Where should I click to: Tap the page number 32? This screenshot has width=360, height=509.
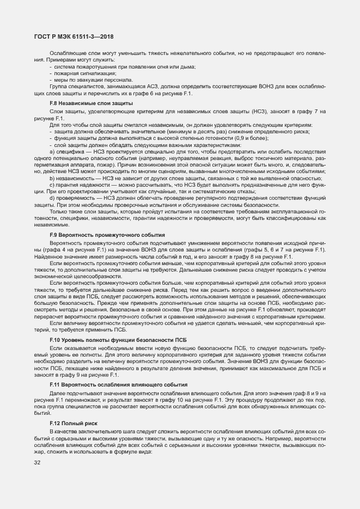38,463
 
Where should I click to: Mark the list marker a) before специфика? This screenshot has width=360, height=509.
52,151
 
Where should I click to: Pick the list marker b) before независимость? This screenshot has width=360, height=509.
52,178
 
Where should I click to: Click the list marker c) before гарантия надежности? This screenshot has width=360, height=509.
52,185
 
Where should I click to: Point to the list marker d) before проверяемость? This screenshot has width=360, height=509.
52,198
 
